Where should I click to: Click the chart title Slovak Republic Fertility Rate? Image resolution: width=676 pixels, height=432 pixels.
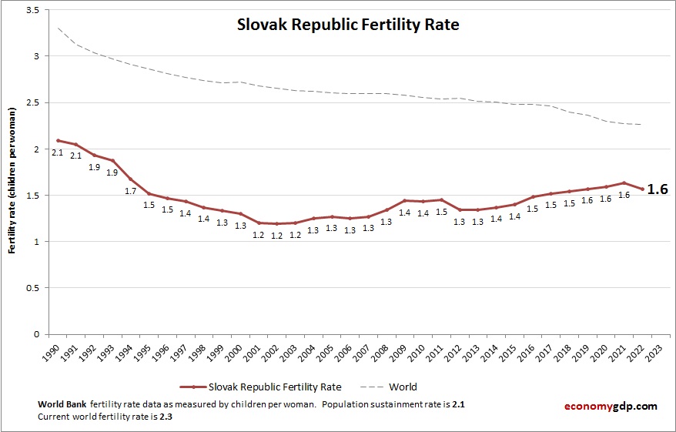[x=347, y=25]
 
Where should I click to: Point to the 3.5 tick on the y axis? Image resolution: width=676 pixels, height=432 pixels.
[x=35, y=10]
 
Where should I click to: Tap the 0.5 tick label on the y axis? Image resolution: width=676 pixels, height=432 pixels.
[x=35, y=288]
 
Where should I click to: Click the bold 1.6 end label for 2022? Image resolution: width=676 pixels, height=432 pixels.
[x=657, y=189]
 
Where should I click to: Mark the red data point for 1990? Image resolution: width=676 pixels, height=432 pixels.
[x=58, y=140]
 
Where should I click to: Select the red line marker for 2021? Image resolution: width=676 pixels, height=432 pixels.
[x=624, y=183]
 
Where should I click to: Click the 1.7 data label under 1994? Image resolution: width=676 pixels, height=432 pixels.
[x=130, y=190]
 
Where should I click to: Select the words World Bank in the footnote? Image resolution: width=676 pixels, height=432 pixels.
[x=62, y=405]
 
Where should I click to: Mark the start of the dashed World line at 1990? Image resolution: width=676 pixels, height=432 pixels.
[x=58, y=28]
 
